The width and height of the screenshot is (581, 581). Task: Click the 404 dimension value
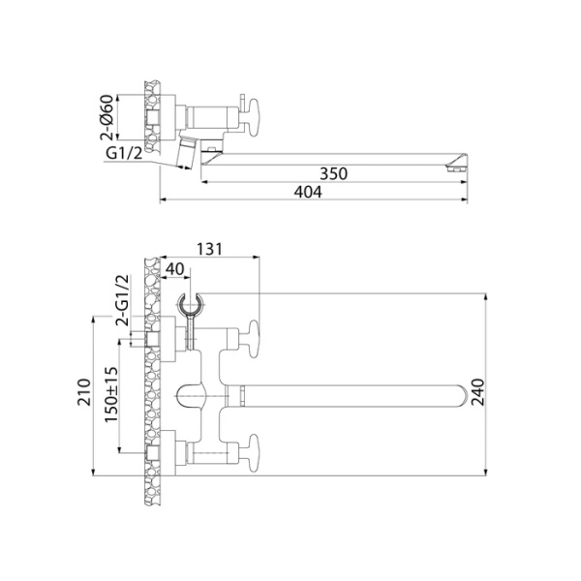click(307, 193)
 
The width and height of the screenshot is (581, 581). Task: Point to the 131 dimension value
click(209, 249)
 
